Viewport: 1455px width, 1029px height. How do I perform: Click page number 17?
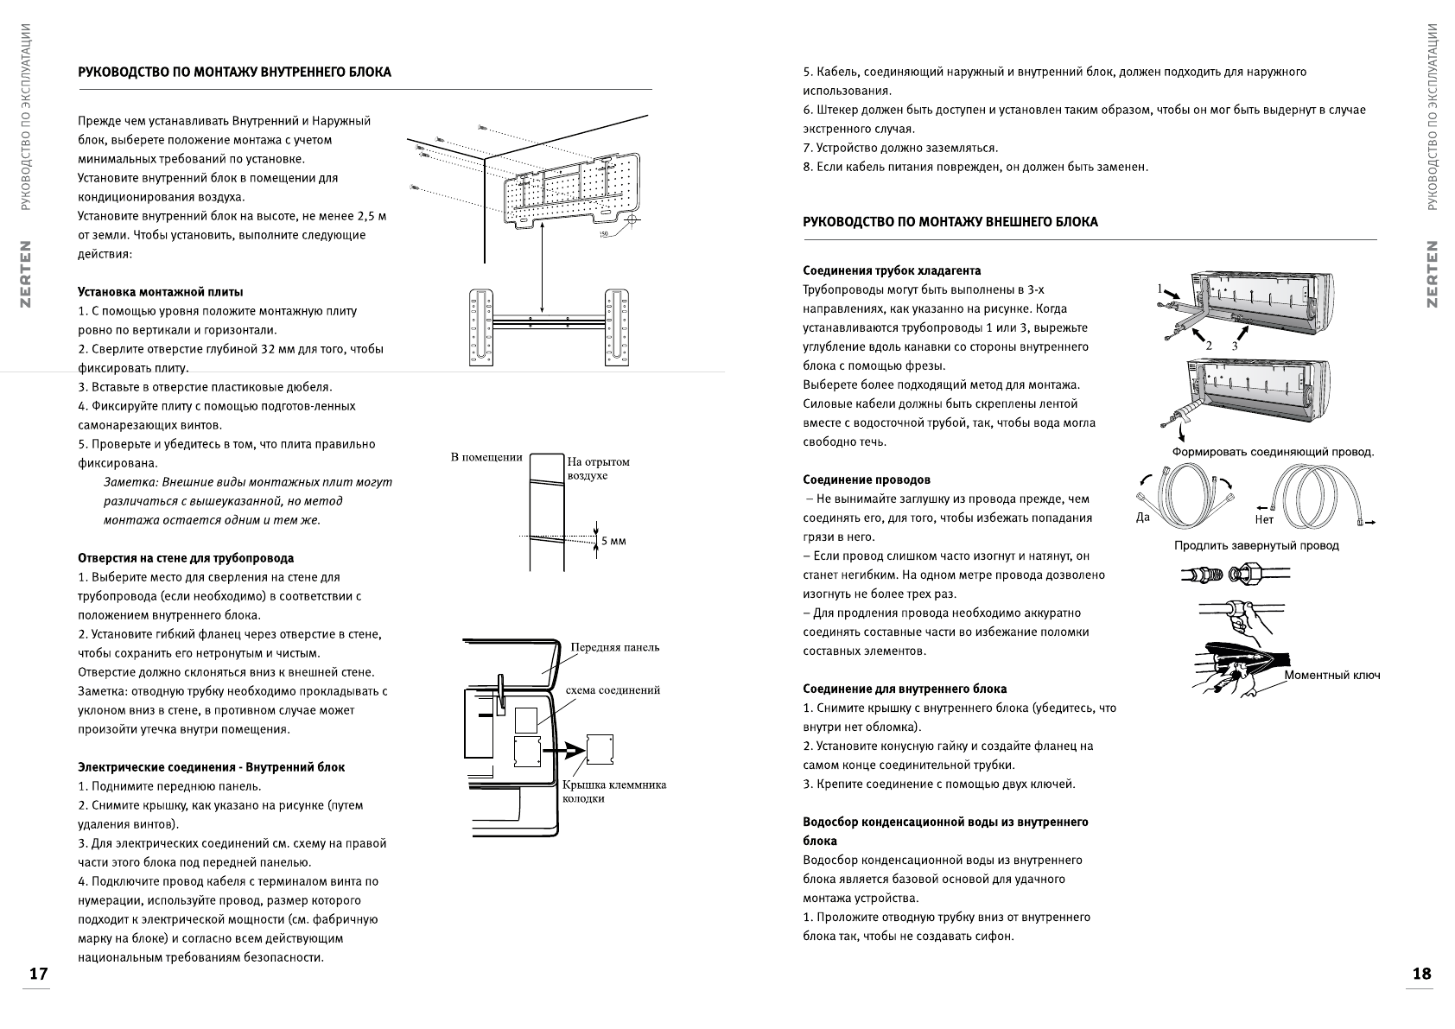point(37,974)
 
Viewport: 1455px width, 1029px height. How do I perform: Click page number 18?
point(1421,974)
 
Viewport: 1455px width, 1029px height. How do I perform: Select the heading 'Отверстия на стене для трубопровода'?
point(186,558)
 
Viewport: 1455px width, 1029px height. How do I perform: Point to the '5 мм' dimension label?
point(613,541)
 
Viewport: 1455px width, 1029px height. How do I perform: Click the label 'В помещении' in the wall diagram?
point(486,457)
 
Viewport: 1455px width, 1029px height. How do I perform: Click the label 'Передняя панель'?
point(614,647)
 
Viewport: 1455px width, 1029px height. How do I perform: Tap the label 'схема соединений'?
point(613,690)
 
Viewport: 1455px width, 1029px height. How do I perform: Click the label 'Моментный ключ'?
point(1331,675)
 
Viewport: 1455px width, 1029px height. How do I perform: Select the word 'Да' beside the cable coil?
point(1143,518)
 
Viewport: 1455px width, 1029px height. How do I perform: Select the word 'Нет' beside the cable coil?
point(1263,520)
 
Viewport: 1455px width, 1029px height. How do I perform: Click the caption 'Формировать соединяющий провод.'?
point(1273,452)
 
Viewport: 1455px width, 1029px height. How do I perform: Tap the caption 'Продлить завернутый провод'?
point(1256,545)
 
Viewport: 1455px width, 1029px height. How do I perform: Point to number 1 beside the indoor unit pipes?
point(1160,289)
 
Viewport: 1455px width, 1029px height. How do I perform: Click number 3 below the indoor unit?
point(1235,345)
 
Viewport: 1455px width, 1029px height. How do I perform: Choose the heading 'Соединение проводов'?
point(867,480)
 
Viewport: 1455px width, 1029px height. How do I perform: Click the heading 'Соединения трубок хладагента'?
point(892,270)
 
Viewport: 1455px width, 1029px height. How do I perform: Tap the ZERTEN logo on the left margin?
point(26,274)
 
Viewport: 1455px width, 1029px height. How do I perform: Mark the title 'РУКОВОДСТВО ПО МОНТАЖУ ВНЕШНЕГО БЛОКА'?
point(950,222)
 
